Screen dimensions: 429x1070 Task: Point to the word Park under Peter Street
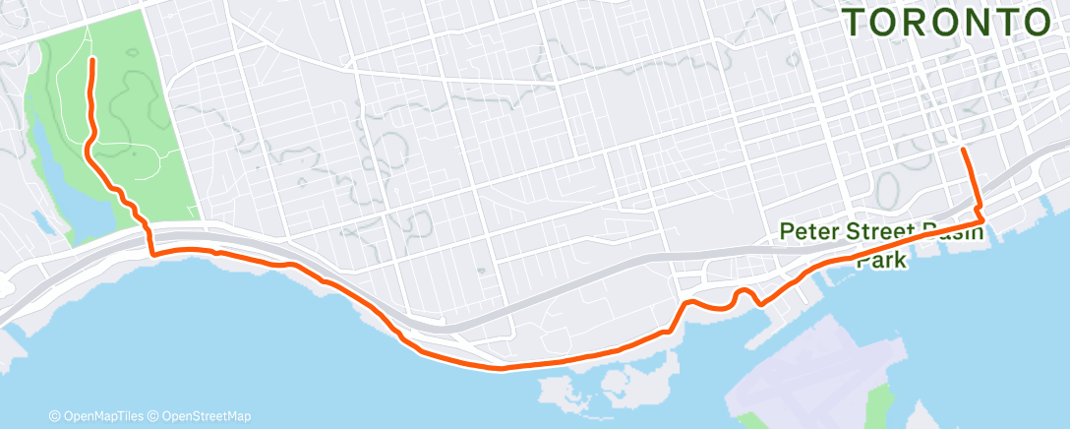tap(881, 262)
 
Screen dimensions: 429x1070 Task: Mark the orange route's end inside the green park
tap(92, 60)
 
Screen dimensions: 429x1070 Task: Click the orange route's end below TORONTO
tap(962, 149)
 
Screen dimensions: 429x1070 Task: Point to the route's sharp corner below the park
tap(152, 255)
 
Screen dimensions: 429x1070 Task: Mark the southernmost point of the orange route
tap(502, 369)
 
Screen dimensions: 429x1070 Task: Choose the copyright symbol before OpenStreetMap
tap(155, 417)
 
